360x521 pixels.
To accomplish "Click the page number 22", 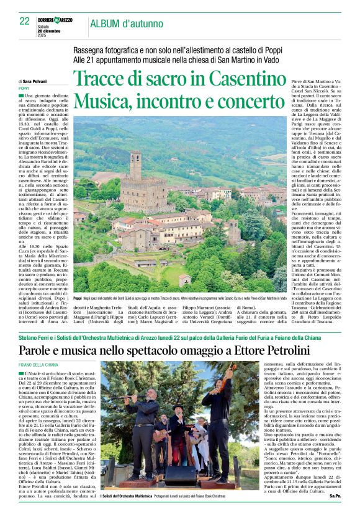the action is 25,21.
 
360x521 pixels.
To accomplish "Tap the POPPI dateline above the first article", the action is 24,88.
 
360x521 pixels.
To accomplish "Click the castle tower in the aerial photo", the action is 136,163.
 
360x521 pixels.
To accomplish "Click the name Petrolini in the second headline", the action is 286,350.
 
